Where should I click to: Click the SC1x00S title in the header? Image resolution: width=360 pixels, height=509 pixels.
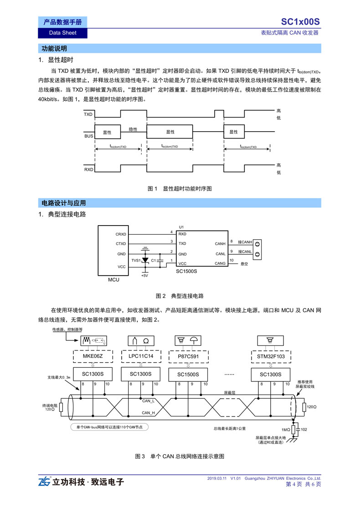(x=300, y=22)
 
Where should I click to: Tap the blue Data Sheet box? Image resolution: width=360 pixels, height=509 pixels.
(x=62, y=33)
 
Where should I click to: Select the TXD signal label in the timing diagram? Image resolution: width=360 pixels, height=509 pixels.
(x=88, y=114)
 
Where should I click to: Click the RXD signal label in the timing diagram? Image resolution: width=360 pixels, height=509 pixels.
(x=88, y=170)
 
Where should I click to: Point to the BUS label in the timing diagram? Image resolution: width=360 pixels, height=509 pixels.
(x=88, y=136)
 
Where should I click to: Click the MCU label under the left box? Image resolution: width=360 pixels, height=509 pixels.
(x=113, y=280)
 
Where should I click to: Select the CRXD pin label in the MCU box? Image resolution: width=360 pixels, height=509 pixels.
(x=121, y=234)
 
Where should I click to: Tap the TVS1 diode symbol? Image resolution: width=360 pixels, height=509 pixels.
(x=145, y=260)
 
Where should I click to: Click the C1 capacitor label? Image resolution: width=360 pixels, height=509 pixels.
(x=154, y=260)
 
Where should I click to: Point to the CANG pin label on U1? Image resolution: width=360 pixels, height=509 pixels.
(x=220, y=263)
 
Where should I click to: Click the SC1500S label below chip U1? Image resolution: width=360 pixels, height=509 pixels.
(x=186, y=272)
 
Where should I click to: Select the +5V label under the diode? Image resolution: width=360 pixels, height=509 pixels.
(x=144, y=276)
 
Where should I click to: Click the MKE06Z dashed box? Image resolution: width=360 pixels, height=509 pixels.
(x=93, y=356)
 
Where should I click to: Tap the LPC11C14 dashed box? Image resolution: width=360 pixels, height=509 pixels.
(x=141, y=356)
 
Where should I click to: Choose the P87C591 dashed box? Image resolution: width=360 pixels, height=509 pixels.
(x=188, y=356)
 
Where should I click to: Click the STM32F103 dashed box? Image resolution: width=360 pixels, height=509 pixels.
(x=271, y=356)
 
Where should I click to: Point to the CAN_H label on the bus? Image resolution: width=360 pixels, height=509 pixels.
(x=149, y=413)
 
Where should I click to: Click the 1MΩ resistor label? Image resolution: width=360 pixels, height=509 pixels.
(x=286, y=430)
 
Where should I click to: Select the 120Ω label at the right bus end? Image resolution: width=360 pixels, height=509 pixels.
(x=312, y=407)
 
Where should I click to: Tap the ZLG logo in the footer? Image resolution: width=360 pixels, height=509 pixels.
(x=45, y=481)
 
